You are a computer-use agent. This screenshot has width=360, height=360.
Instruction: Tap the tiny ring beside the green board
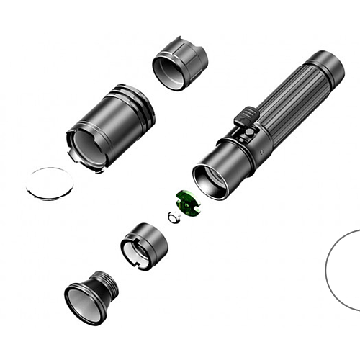pos(172,217)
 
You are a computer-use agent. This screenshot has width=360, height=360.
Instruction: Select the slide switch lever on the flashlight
pos(247,115)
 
